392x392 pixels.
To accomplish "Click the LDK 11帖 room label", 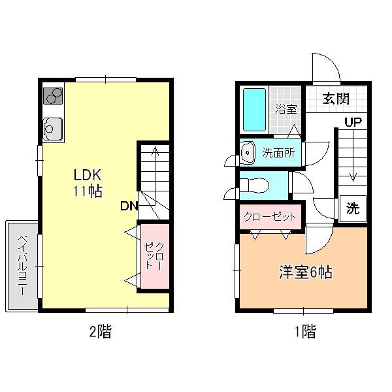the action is (88, 183).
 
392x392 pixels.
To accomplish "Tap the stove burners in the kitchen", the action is (53, 96).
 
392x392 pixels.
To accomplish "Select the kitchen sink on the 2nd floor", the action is (52, 129).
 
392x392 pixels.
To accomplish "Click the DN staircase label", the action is (129, 206).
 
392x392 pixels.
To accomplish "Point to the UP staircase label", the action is (353, 122).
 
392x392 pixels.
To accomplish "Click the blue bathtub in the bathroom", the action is (254, 110).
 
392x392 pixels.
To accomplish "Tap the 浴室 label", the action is (286, 109).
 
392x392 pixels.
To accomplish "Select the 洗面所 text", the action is (278, 153).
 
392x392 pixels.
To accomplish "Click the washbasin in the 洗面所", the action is (248, 152).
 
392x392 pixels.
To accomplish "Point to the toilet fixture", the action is (254, 186).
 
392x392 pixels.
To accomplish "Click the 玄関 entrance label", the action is (336, 99).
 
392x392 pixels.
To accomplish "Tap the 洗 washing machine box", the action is (353, 208).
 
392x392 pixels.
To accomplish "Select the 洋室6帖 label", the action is (306, 272).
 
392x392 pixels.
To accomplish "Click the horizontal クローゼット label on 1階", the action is (270, 217).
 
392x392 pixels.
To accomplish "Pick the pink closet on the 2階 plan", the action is (155, 256).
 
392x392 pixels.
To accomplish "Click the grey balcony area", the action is (22, 266).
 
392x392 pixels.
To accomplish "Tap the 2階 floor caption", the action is (101, 331).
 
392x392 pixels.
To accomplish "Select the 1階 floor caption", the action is (306, 331).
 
